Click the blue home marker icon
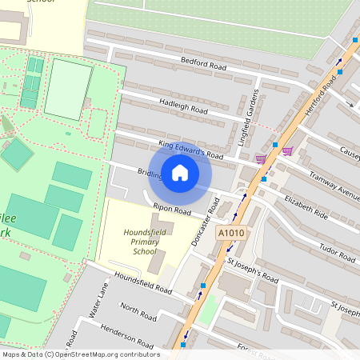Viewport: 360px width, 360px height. click(180, 173)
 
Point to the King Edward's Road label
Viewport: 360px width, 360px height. click(190, 149)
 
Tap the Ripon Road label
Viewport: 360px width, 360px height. click(172, 210)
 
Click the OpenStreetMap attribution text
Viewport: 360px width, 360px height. click(80, 354)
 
